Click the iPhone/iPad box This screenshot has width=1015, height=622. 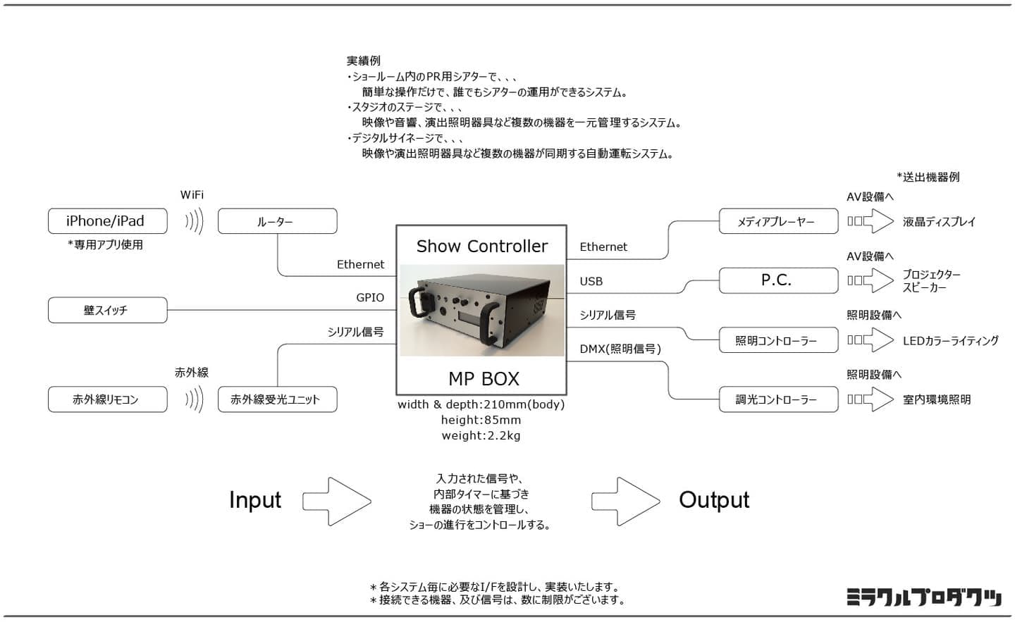tap(107, 221)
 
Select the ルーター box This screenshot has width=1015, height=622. tap(277, 221)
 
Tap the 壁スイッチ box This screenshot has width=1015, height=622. tap(107, 310)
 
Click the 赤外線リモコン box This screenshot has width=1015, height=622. tap(107, 399)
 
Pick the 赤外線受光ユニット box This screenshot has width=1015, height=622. tap(277, 399)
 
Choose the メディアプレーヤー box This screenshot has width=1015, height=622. tap(778, 221)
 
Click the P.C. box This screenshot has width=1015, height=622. tap(778, 280)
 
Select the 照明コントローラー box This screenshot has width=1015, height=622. tap(778, 340)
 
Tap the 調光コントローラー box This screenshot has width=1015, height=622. tap(778, 399)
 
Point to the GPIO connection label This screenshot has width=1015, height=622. tap(370, 298)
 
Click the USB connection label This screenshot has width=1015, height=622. tap(591, 281)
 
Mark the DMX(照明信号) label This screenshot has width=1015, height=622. tap(620, 349)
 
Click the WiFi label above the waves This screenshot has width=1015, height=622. tap(192, 195)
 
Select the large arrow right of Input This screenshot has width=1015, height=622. tap(337, 501)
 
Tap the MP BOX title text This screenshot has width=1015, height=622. tap(484, 379)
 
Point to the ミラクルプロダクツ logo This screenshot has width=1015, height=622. tap(923, 597)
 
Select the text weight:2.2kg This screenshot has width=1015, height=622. tap(481, 436)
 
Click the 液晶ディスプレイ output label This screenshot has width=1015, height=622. tap(939, 222)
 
